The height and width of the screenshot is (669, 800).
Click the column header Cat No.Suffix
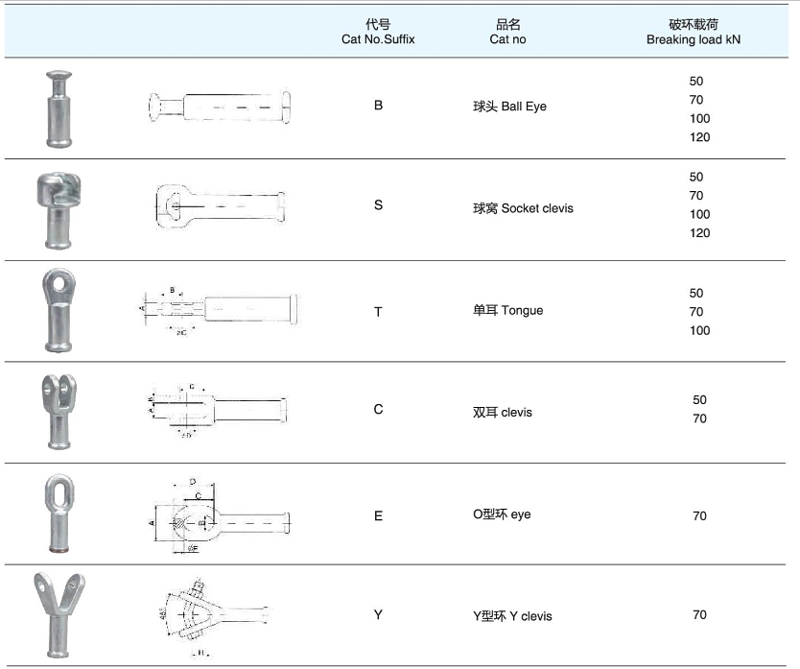point(378,39)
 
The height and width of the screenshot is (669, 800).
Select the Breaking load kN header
point(693,39)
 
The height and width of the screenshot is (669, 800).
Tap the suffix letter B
point(378,106)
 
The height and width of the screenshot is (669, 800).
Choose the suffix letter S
point(378,205)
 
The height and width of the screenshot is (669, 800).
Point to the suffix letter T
point(378,311)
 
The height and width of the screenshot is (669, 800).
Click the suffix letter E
point(378,515)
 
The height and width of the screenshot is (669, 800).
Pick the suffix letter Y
point(378,614)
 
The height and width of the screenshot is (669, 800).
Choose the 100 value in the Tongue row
point(699,331)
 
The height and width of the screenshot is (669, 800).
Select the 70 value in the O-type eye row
point(699,516)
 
